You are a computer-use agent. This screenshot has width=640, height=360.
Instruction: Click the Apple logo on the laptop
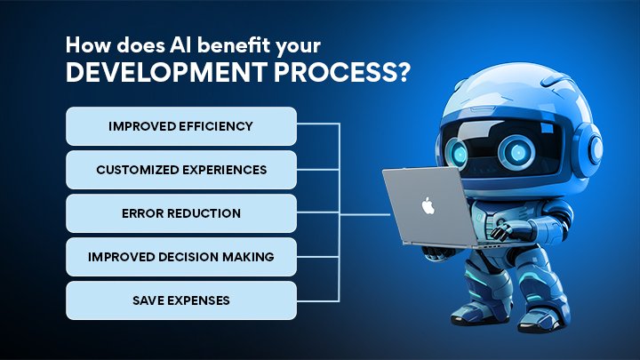(428, 207)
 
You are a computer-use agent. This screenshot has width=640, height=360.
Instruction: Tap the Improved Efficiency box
(180, 126)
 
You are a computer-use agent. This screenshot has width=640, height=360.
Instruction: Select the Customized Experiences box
(180, 170)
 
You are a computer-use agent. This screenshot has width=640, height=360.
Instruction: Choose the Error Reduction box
(180, 213)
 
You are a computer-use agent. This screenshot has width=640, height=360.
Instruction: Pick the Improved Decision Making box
(180, 257)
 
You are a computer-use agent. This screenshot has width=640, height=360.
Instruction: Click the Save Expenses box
(180, 300)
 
